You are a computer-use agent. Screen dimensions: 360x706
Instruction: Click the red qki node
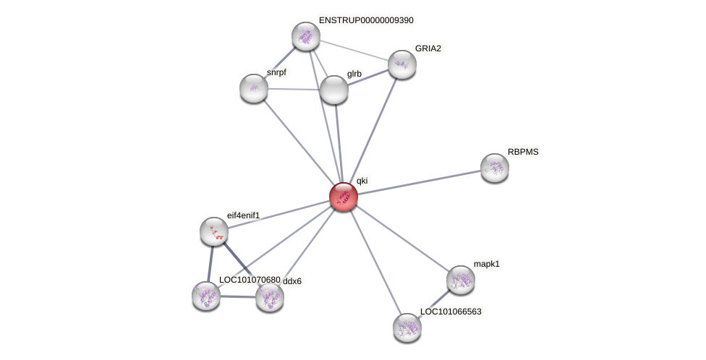(x=343, y=196)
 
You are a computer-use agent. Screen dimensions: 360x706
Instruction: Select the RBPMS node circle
(x=495, y=168)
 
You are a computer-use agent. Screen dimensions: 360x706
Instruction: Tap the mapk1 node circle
(x=460, y=280)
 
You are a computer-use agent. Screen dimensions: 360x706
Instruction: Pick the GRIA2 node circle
(x=402, y=64)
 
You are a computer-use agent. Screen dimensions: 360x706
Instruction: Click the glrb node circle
(x=334, y=90)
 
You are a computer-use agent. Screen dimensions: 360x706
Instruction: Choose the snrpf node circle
(x=254, y=88)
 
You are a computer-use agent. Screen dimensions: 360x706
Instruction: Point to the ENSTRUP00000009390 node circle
(x=306, y=36)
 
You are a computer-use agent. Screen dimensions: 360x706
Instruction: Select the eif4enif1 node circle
(x=214, y=231)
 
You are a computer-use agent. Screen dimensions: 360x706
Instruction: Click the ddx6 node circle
(x=270, y=296)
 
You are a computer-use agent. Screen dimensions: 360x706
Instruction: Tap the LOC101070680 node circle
(x=206, y=296)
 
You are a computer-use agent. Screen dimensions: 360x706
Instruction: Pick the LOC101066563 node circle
(x=407, y=327)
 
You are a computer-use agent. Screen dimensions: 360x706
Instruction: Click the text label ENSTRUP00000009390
(x=366, y=20)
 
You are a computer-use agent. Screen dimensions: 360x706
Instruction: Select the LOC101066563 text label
(x=451, y=312)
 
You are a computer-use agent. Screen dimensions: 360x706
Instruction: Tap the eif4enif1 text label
(x=243, y=215)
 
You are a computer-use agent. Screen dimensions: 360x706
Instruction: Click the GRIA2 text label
(x=428, y=48)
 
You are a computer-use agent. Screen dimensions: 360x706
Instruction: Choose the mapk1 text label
(x=487, y=264)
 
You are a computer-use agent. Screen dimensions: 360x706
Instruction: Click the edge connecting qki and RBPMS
(x=420, y=181)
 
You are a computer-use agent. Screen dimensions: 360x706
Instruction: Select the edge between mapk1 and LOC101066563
(x=434, y=304)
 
